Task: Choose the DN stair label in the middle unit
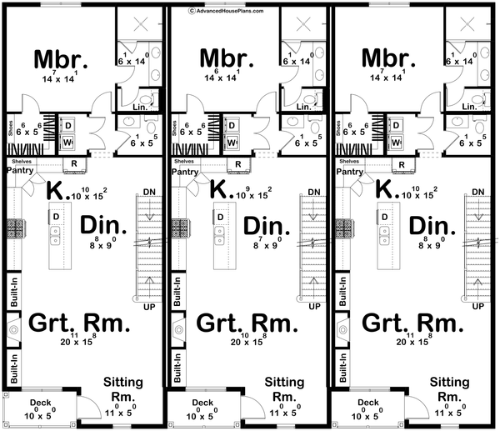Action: [x=314, y=193]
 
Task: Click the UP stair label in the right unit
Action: [x=477, y=308]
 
